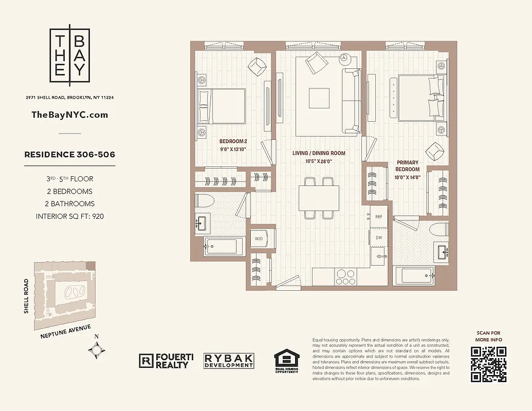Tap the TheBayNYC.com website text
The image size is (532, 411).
click(x=70, y=115)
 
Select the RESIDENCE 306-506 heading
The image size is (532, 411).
click(x=70, y=154)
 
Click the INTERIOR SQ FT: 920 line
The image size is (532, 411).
click(x=70, y=216)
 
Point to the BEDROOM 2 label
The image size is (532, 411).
click(x=233, y=141)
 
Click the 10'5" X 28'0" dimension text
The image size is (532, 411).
click(x=319, y=161)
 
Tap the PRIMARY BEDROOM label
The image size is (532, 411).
click(x=408, y=165)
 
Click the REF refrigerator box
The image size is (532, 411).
click(x=378, y=217)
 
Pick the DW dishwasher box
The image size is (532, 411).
click(x=378, y=237)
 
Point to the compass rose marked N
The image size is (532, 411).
click(x=97, y=349)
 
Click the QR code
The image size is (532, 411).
click(x=488, y=364)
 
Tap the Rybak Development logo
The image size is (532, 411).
click(x=229, y=361)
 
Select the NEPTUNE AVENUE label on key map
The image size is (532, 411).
click(x=65, y=332)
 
